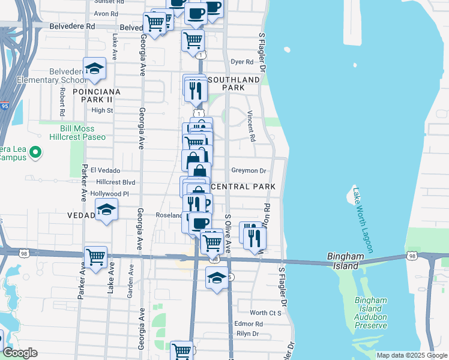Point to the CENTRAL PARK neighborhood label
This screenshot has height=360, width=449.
pos(243,187)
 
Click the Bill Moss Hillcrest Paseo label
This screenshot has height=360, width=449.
pos(83,133)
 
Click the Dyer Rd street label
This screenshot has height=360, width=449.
pos(242,62)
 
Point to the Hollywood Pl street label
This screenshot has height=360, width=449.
pos(110,194)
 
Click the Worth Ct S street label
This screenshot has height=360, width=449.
pos(266,313)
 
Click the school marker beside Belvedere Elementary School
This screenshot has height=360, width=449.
pos(94,69)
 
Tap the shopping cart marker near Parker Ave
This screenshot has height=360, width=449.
pos(96,257)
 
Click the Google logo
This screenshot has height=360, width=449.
pos(20,353)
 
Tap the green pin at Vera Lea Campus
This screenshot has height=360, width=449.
pos(35,152)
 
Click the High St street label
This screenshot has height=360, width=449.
pos(102,110)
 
